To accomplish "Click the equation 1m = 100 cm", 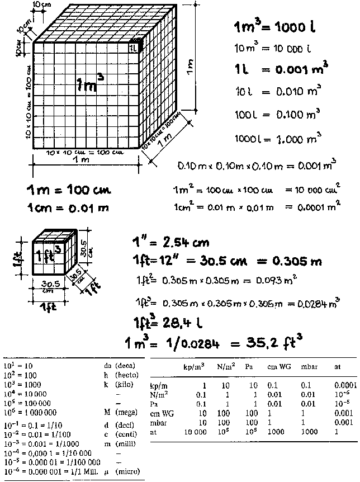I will tap(69, 190).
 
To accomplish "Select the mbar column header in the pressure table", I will tap(305, 367).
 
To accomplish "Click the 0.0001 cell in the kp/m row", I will tap(345, 385).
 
